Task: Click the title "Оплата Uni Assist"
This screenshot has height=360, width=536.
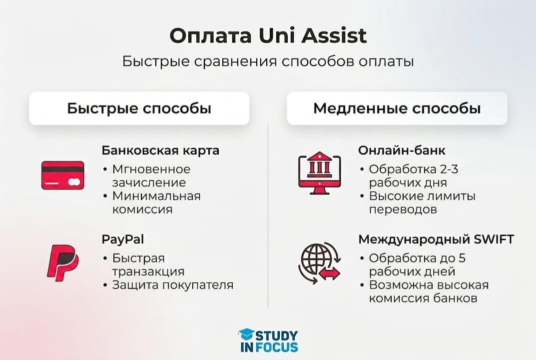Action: pos(268,36)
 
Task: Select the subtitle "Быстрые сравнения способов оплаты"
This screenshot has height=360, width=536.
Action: pos(268,62)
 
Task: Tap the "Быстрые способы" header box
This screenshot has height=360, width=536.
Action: pos(139,108)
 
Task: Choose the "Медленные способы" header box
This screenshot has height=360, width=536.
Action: pos(397,108)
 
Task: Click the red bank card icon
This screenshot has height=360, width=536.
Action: pos(62,175)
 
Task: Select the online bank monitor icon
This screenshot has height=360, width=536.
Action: pos(319,171)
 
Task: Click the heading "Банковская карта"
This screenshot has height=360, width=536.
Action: pos(160,150)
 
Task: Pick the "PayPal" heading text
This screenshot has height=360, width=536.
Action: pos(123,239)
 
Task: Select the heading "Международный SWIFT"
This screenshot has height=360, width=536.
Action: pos(436,239)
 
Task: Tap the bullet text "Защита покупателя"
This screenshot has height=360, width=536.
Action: pos(172,285)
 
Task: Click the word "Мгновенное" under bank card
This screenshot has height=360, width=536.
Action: pos(151,169)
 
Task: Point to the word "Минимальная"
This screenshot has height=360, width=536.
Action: pos(156,196)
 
